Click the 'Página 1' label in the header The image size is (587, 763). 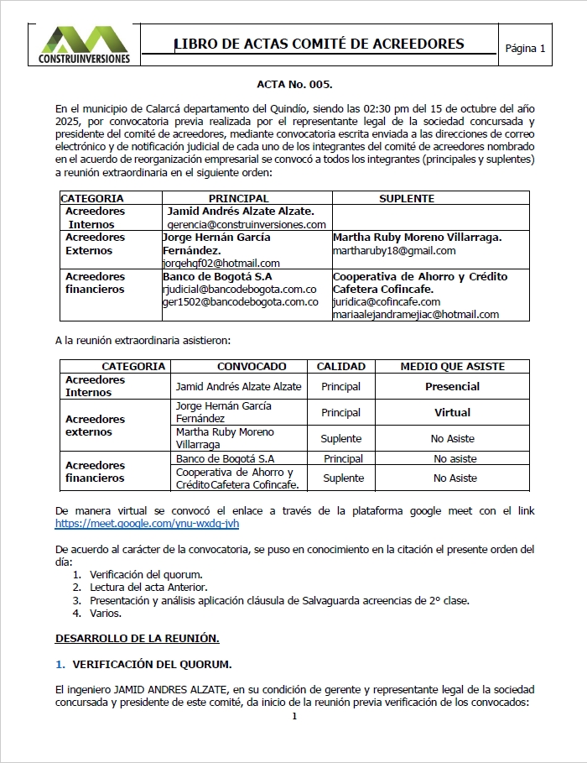pyautogui.click(x=525, y=49)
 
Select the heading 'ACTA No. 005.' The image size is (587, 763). pyautogui.click(x=294, y=85)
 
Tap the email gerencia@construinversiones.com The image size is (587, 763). pyautogui.click(x=247, y=225)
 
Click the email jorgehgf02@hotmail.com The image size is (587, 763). pyautogui.click(x=221, y=264)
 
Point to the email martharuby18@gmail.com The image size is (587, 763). pyautogui.click(x=394, y=250)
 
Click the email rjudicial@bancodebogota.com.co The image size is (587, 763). pyautogui.click(x=240, y=289)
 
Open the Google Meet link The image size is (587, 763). pyautogui.click(x=147, y=523)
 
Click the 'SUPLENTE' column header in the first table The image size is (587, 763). pyautogui.click(x=407, y=199)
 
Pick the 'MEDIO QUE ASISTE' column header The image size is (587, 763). pyautogui.click(x=453, y=367)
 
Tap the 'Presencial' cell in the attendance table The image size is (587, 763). pyautogui.click(x=453, y=387)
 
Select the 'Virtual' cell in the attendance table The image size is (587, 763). pyautogui.click(x=453, y=413)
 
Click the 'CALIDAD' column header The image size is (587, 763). pyautogui.click(x=341, y=367)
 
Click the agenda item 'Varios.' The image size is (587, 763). pyautogui.click(x=106, y=614)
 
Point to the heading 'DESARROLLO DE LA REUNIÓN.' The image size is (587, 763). pyautogui.click(x=138, y=639)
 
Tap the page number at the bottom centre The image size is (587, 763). pyautogui.click(x=294, y=717)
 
